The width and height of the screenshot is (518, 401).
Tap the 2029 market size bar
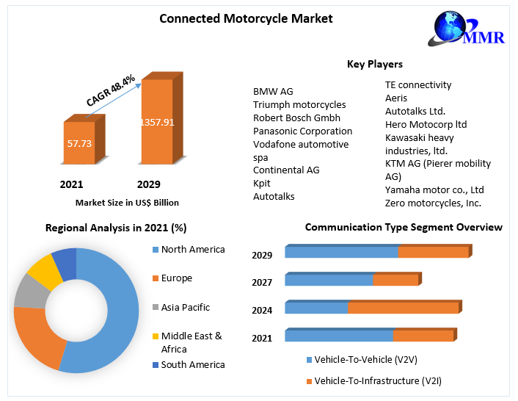tap(157, 121)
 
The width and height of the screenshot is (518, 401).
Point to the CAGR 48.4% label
tap(110, 90)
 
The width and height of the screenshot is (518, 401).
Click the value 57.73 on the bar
tap(79, 144)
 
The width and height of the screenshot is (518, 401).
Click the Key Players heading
tap(374, 65)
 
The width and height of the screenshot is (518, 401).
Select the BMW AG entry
tap(273, 91)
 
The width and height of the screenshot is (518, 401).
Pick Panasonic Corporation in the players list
tap(302, 131)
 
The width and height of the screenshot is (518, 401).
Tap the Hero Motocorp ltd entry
tap(426, 124)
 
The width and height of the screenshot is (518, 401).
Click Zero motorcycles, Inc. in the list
tap(433, 203)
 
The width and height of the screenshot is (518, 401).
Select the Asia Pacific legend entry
tap(186, 307)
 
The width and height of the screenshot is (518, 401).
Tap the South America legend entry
tap(193, 364)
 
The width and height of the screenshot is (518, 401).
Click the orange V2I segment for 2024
tap(404, 308)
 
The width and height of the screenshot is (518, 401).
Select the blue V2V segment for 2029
tap(341, 252)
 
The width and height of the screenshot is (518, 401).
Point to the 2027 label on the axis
tap(262, 282)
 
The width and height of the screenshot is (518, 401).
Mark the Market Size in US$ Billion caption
tap(127, 202)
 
